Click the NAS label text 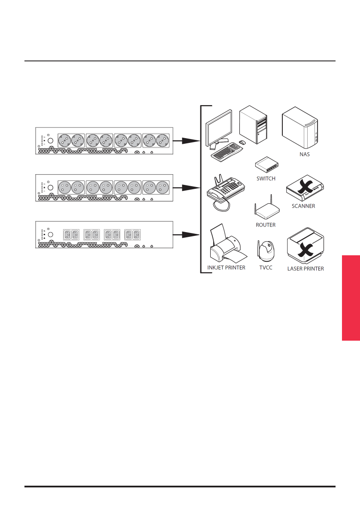point(304,154)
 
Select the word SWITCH point(266,178)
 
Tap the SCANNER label point(303,206)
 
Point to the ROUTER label point(266,225)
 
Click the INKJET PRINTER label point(226,268)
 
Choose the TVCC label point(266,268)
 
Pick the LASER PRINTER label point(305,269)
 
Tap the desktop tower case point(253,124)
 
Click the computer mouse point(242,142)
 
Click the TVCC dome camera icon point(265,251)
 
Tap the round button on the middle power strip point(50,187)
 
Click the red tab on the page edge point(351,297)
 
